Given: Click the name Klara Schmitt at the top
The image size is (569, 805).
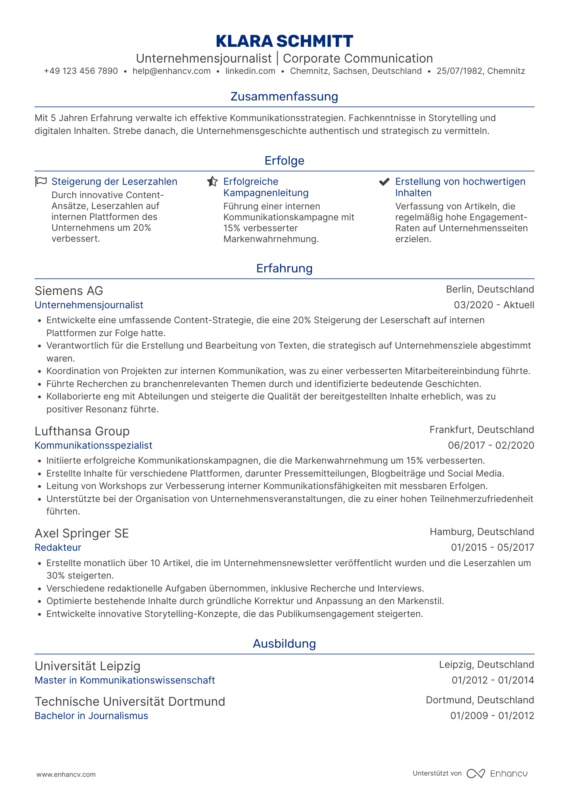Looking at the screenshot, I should (x=284, y=41).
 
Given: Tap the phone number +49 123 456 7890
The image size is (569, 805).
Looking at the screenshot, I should (x=81, y=71).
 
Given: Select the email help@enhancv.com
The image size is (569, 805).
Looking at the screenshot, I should (x=172, y=71).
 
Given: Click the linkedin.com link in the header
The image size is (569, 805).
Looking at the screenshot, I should (x=250, y=71).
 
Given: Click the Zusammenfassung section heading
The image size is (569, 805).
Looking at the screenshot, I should (x=284, y=96).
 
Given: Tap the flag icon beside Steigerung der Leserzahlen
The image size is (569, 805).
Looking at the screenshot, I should (x=41, y=182).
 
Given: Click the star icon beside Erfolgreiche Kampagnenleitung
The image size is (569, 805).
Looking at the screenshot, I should (x=212, y=182).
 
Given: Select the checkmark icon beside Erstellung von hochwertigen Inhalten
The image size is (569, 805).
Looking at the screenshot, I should (x=384, y=182).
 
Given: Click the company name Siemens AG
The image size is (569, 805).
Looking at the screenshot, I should (x=69, y=291).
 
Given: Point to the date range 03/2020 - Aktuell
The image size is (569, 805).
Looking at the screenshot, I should (x=494, y=305).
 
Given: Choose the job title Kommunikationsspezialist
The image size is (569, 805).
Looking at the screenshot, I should (x=94, y=445).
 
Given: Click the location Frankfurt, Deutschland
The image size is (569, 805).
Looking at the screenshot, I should (x=481, y=430).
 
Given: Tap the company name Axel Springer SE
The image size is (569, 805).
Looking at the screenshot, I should (x=82, y=533).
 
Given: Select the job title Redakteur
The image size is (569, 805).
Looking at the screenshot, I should (x=58, y=548).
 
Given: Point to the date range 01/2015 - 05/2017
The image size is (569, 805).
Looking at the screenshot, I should (x=492, y=548).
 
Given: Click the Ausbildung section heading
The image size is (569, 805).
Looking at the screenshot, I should (x=284, y=644).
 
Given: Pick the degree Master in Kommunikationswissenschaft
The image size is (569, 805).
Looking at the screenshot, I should (x=125, y=680).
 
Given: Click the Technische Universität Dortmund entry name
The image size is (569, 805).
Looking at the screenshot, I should (x=130, y=702).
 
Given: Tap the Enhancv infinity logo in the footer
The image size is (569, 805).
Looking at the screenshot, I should (x=475, y=774).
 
